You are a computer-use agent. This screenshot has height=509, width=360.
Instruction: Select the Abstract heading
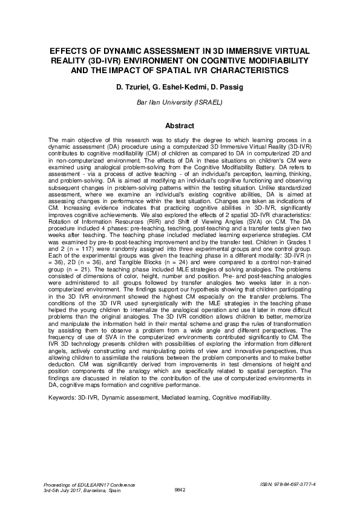pos(180,126)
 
